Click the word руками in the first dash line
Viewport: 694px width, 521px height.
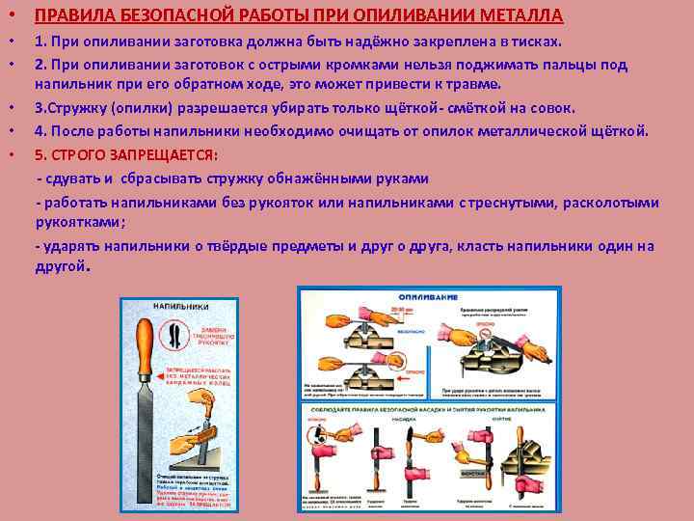[402, 178]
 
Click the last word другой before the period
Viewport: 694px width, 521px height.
[60, 265]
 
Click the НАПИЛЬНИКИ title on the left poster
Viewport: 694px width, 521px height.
[177, 307]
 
